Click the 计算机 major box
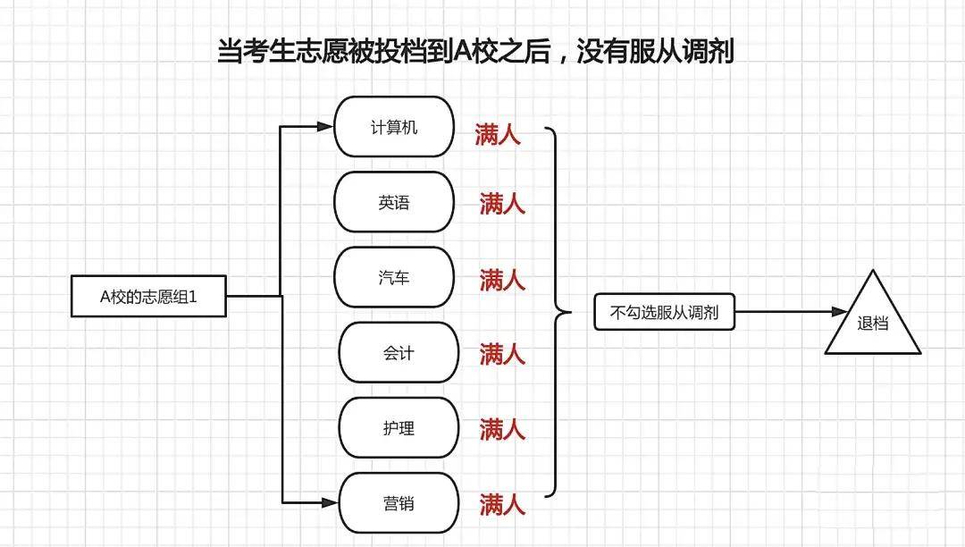click(x=394, y=127)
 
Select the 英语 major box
click(x=394, y=202)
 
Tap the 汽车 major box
click(x=394, y=277)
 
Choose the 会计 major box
click(x=399, y=352)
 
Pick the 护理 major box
click(x=399, y=427)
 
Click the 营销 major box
click(x=399, y=503)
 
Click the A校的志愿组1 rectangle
click(x=148, y=297)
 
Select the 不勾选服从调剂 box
click(x=664, y=312)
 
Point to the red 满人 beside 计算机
click(x=498, y=134)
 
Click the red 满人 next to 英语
click(x=502, y=203)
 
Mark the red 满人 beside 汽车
click(x=502, y=280)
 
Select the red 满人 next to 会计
click(x=502, y=355)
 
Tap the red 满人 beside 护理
click(x=502, y=429)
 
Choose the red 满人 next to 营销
click(x=502, y=504)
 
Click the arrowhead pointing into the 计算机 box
click(x=325, y=127)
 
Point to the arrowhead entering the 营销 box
click(x=330, y=502)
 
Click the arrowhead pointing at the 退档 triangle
click(x=840, y=312)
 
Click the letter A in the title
click(x=463, y=51)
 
